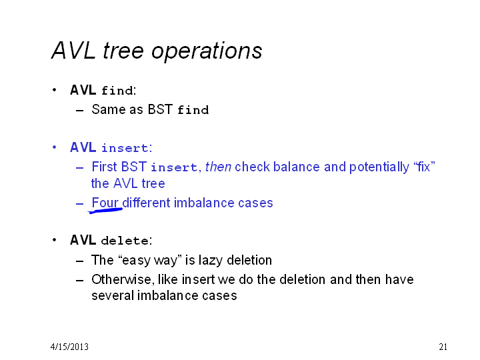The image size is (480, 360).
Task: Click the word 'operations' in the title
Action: (207, 51)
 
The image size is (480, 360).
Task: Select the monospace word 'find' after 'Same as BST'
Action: (193, 109)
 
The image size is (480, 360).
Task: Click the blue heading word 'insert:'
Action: (127, 148)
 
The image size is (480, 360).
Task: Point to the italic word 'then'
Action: (218, 167)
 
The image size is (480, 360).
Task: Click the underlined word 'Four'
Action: (105, 203)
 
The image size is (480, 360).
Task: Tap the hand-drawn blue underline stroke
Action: (105, 211)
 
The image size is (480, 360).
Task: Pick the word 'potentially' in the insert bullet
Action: (379, 167)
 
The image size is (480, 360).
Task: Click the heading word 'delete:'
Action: (127, 241)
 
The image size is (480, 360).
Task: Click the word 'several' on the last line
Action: (113, 295)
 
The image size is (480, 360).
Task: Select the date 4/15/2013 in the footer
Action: (69, 347)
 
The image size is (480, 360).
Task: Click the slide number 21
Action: (443, 347)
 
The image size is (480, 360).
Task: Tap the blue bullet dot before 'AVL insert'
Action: (55, 147)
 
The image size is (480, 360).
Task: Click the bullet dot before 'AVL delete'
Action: (55, 240)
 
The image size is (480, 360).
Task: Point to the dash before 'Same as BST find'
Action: (79, 110)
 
